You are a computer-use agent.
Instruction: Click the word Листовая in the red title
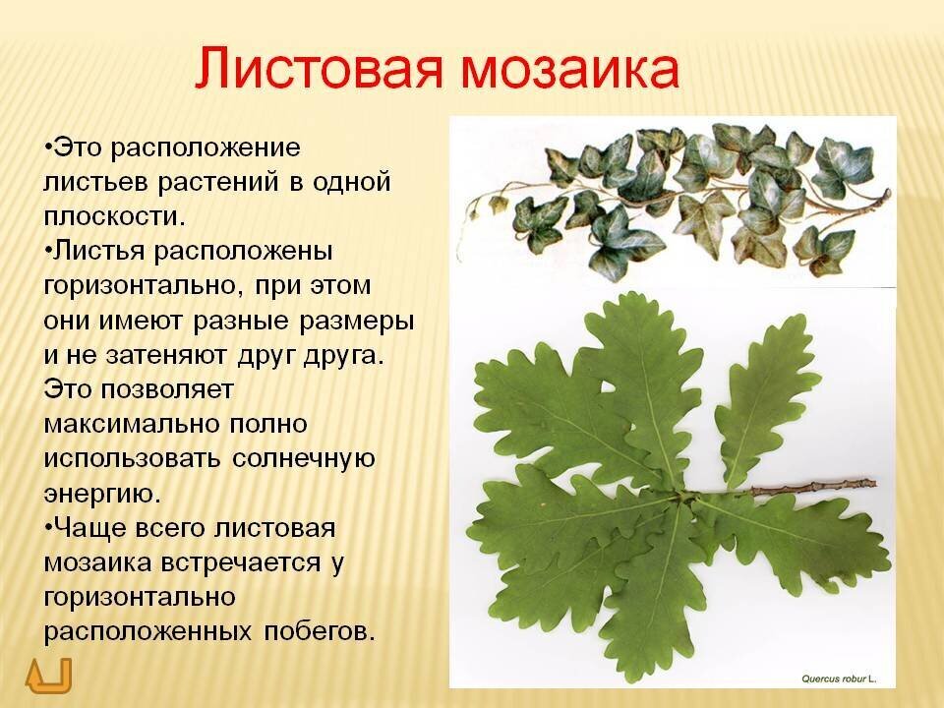pos(319,68)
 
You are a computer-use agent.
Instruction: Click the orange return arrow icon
pos(48,675)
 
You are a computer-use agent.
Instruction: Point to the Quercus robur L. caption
pos(839,678)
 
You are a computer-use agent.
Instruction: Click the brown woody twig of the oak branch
pos(813,486)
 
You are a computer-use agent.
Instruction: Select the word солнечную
pos(304,460)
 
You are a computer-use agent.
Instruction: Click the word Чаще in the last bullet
pos(90,528)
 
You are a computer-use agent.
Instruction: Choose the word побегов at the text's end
pos(316,631)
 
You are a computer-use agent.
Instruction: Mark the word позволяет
pos(167,390)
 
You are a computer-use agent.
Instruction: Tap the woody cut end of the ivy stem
pos(887,194)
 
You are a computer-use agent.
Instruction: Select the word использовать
pos(133,459)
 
